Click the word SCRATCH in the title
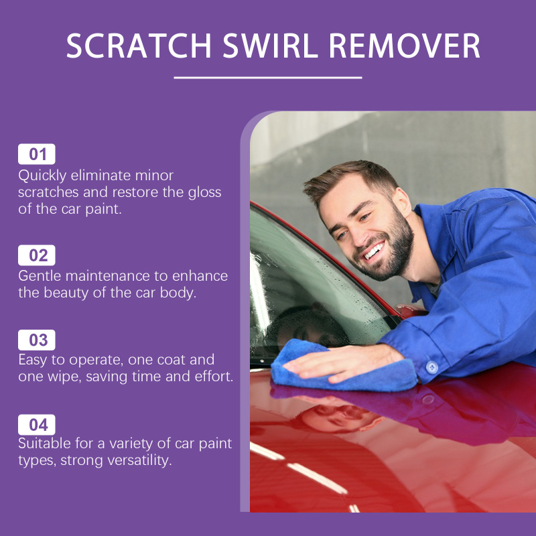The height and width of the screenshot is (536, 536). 139,46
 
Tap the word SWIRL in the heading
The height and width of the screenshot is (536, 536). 271,46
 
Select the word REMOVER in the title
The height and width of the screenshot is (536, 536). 405,46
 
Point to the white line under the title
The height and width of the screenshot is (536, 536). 267,78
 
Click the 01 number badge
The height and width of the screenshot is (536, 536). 37,154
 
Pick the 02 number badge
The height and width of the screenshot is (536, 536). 37,255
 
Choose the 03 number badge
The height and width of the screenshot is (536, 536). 37,340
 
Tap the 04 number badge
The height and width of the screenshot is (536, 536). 37,425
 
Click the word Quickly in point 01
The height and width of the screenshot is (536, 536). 42,176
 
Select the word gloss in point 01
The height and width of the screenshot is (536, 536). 204,193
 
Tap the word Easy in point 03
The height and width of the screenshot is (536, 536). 33,360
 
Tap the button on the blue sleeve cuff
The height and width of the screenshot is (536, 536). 431,367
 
